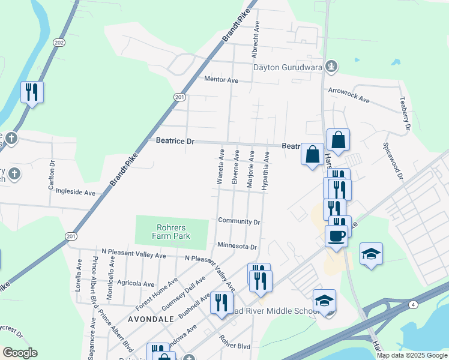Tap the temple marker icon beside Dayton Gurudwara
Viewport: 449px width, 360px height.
point(330,66)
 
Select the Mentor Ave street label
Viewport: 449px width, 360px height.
point(221,80)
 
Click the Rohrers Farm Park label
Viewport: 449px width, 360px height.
point(173,232)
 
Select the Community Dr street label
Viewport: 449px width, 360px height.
point(239,221)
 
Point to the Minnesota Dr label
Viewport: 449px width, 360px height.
point(237,247)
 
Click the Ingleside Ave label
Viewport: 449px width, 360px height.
point(76,193)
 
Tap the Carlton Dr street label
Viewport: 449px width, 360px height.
point(52,175)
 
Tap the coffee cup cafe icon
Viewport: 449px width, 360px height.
point(337,235)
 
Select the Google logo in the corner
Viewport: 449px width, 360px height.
point(20,353)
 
